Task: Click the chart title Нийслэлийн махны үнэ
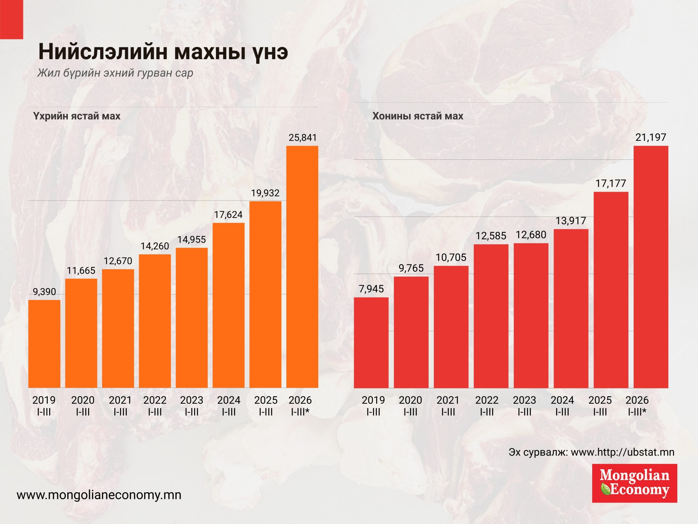(x=163, y=52)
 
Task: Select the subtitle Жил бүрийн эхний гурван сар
(x=115, y=73)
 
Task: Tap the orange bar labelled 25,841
(x=302, y=267)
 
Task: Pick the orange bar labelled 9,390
(x=44, y=344)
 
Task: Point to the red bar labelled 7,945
(x=371, y=343)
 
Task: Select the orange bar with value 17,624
(x=228, y=305)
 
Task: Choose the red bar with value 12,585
(x=491, y=316)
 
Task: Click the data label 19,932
(x=265, y=193)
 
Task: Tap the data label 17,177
(x=610, y=183)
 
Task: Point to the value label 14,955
(x=191, y=240)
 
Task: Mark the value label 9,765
(x=411, y=268)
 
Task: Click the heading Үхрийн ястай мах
(x=77, y=116)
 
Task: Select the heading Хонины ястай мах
(x=418, y=116)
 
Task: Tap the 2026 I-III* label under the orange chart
(x=300, y=406)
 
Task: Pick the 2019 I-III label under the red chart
(x=373, y=406)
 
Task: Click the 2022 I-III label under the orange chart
(x=155, y=406)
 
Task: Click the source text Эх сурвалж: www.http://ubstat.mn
(x=591, y=452)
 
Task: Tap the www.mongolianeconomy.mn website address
(x=99, y=495)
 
